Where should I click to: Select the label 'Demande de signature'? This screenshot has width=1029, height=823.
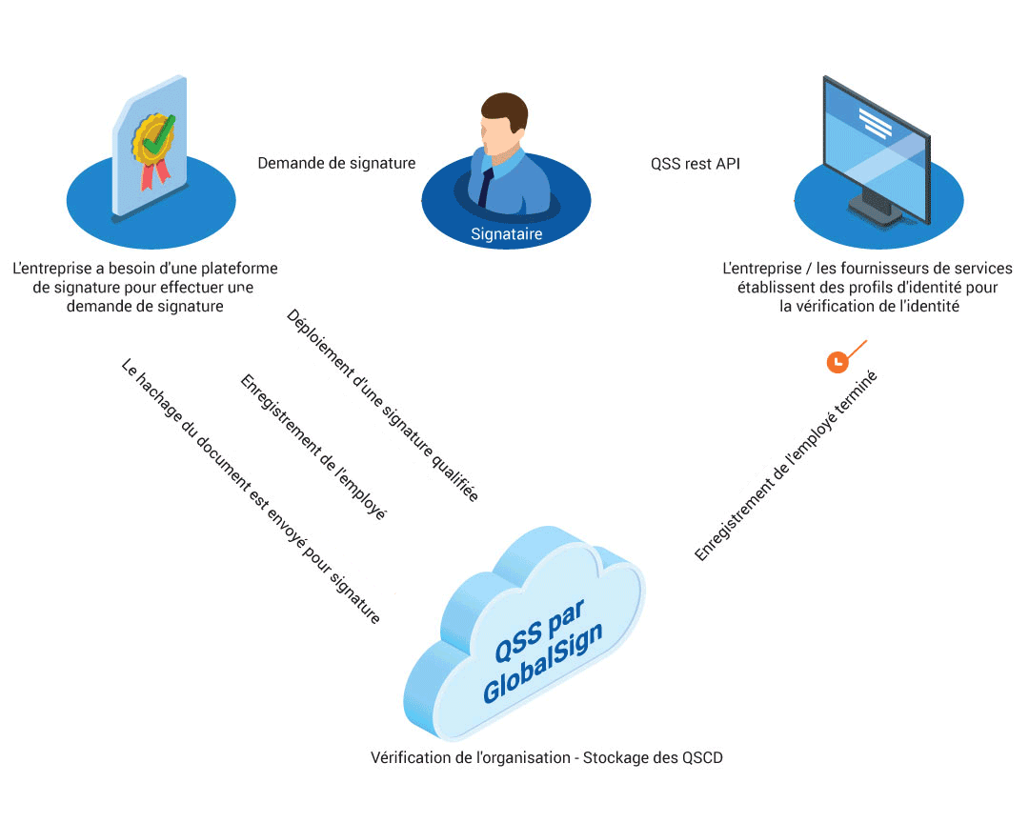pyautogui.click(x=336, y=163)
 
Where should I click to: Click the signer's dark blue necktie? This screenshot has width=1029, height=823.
pyautogui.click(x=485, y=186)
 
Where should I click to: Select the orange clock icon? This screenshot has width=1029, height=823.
pyautogui.click(x=837, y=362)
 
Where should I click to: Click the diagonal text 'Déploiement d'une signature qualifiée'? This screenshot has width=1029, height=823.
pyautogui.click(x=382, y=405)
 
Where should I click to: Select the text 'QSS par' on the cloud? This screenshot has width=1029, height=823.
pyautogui.click(x=539, y=630)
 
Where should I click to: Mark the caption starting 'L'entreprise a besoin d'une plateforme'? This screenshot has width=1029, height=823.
pyautogui.click(x=146, y=288)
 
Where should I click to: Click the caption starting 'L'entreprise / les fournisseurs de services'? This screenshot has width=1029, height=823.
pyautogui.click(x=867, y=288)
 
